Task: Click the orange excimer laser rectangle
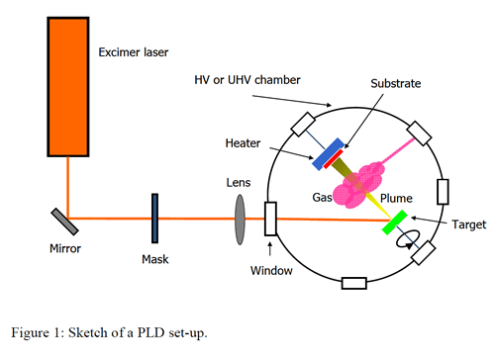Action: tap(68, 87)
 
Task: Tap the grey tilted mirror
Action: tap(64, 222)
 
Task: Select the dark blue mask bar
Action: tap(154, 219)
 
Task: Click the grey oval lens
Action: tap(240, 220)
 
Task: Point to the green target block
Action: tap(394, 223)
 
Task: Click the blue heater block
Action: tap(328, 154)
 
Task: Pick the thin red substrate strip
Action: tap(333, 159)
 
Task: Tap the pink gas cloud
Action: tap(359, 185)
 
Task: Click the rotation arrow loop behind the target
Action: tap(408, 238)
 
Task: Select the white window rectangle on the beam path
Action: tap(270, 219)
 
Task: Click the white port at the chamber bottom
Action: tap(354, 284)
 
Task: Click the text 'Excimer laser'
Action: tap(134, 52)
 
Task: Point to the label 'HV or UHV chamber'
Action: tap(247, 80)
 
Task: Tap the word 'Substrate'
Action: tap(396, 83)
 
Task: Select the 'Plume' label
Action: tap(396, 198)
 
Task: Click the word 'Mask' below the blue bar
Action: tap(155, 259)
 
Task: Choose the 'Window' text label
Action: tap(271, 271)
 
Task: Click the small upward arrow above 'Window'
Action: tap(270, 249)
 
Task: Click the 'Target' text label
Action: tap(469, 225)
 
